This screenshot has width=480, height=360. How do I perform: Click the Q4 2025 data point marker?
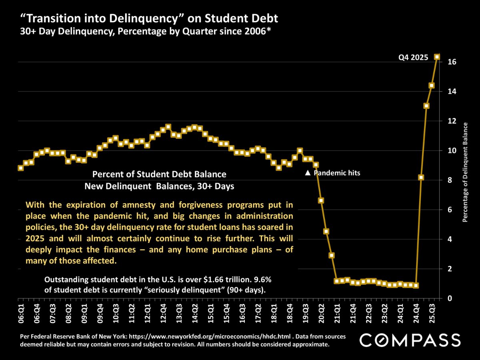(437, 57)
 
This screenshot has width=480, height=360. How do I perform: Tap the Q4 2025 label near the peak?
(413, 58)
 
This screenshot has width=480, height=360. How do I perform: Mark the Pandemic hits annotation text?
(337, 173)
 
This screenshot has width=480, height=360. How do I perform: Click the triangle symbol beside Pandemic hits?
(308, 173)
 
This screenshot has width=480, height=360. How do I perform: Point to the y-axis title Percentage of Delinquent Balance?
(465, 173)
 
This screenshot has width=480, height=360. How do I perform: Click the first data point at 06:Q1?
(21, 168)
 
